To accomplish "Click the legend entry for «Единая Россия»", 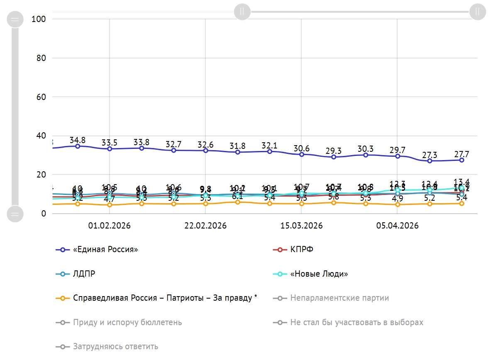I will (105, 250).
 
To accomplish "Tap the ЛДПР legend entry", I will (84, 274).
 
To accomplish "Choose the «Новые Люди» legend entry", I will (319, 274).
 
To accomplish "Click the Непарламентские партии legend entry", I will (340, 298).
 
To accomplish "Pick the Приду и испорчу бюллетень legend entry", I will (127, 322).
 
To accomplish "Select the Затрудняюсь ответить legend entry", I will (115, 346).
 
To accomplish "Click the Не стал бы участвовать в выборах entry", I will (357, 322).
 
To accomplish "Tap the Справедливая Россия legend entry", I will (165, 298).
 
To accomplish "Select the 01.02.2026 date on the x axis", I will (110, 226).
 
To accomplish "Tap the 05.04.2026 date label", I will (397, 226).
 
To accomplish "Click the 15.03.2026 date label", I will (302, 226).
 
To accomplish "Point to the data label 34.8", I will (78, 140).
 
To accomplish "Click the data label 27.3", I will (430, 154).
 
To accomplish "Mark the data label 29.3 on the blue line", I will (333, 151).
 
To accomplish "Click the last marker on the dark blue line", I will (462, 160).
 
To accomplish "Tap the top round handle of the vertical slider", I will (15, 19).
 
